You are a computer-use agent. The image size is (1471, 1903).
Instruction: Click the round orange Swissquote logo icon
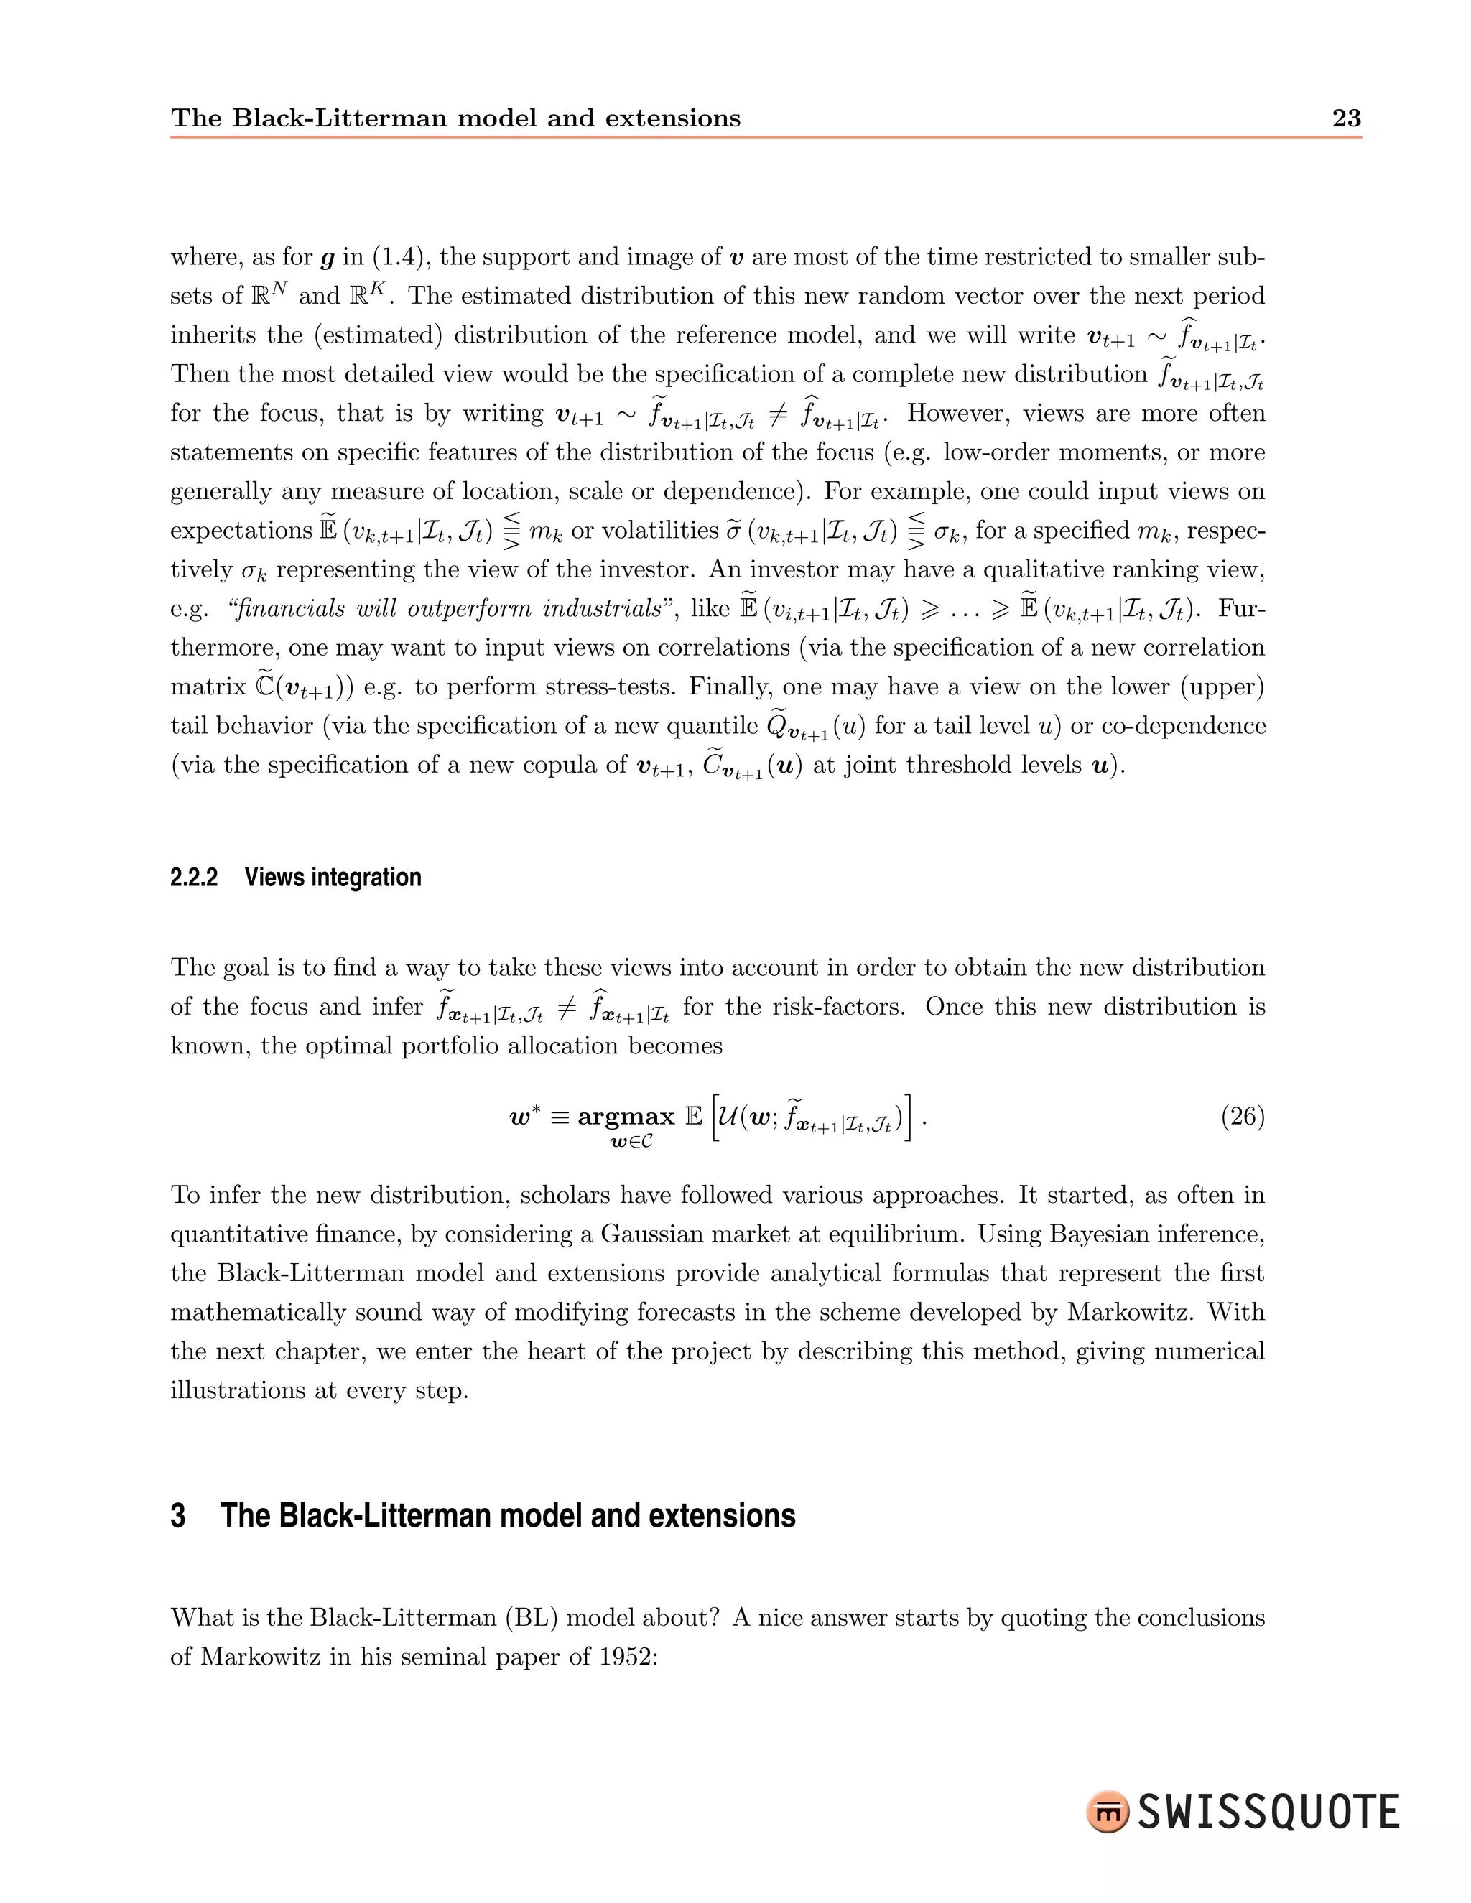point(1108,1813)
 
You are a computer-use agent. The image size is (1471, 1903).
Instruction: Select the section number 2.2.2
point(193,878)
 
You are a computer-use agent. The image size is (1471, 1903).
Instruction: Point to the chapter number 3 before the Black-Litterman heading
point(178,1516)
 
